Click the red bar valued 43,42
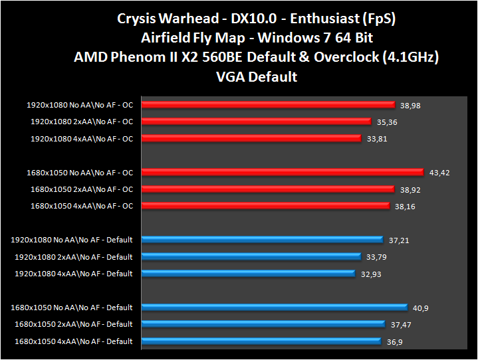pyautogui.click(x=283, y=173)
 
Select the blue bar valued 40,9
pyautogui.click(x=275, y=307)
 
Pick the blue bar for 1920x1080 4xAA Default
pyautogui.click(x=249, y=274)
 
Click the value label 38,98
pyautogui.click(x=412, y=105)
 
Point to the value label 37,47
pyautogui.click(x=401, y=325)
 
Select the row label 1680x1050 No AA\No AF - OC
pyautogui.click(x=80, y=173)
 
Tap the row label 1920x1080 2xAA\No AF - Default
pyautogui.click(x=73, y=257)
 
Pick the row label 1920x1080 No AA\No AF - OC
pyautogui.click(x=80, y=105)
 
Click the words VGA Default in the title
pyautogui.click(x=257, y=76)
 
